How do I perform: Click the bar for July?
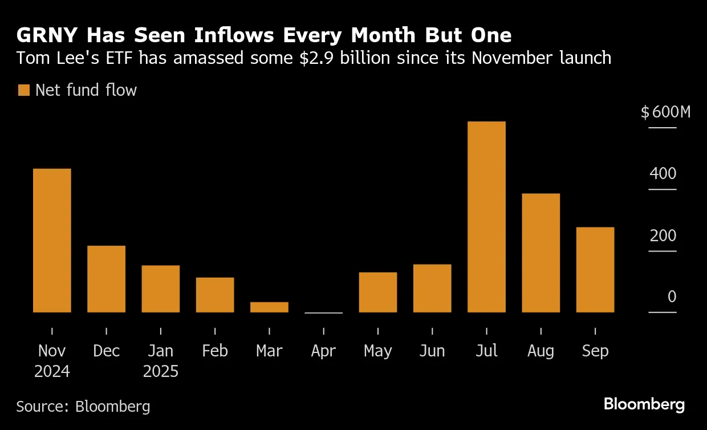(486, 217)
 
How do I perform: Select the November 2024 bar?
(52, 240)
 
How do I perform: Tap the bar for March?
(269, 307)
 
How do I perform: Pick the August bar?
(541, 253)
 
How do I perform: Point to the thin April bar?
(323, 313)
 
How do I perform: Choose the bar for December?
(106, 279)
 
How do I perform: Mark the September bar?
(595, 269)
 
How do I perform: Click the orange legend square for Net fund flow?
(23, 90)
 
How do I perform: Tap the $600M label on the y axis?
(665, 112)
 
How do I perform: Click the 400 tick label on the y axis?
(663, 174)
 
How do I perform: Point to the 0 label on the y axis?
(672, 297)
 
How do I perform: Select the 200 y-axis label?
(663, 236)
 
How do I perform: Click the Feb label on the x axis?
(215, 351)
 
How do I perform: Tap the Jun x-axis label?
(432, 351)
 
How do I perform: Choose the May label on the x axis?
(377, 351)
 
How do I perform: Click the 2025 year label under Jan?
(161, 372)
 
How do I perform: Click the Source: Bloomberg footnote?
(83, 406)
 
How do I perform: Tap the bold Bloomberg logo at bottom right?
(644, 405)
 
